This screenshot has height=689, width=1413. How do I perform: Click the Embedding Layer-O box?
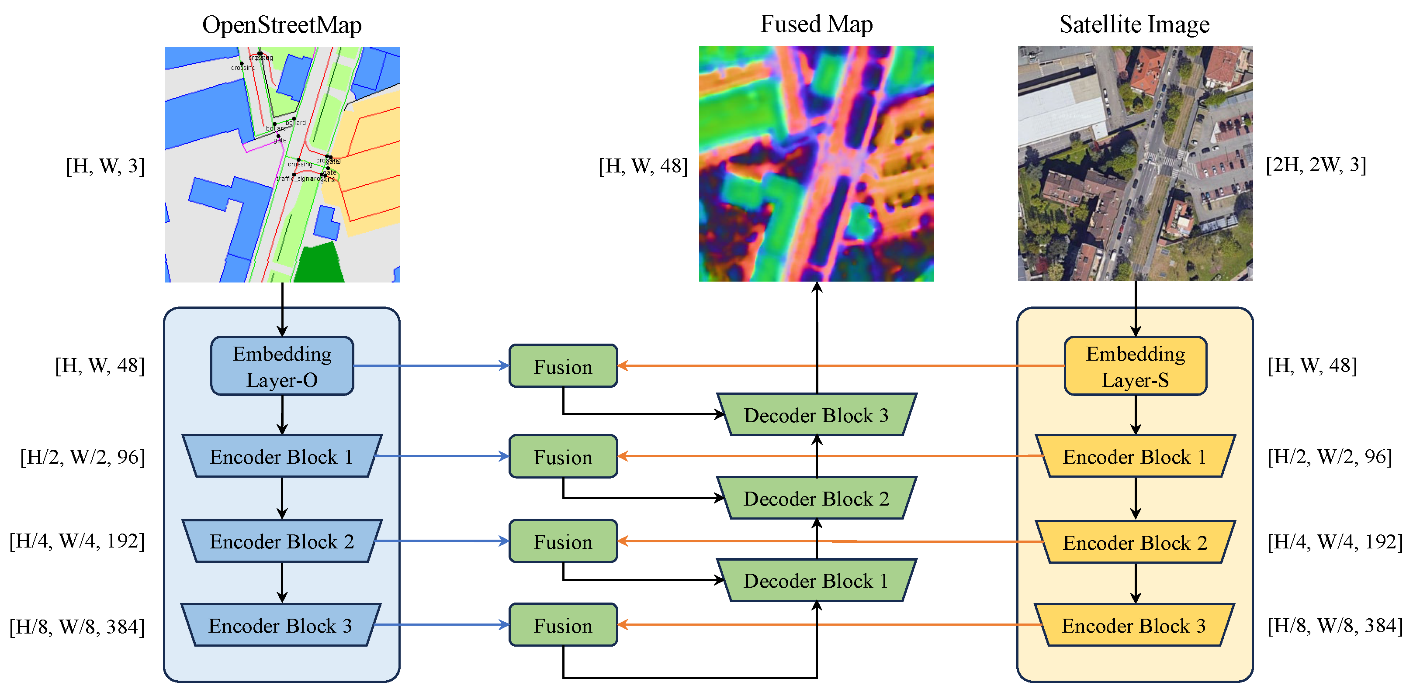coord(282,366)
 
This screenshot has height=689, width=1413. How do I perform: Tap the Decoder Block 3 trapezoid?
coord(816,415)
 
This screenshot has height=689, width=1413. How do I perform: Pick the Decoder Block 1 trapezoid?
coord(816,580)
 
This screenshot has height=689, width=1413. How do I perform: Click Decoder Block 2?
coord(816,498)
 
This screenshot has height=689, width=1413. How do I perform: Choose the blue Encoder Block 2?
coord(282,541)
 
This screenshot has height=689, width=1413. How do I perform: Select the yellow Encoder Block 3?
coord(1134,625)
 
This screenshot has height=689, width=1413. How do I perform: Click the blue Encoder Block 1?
coord(282,457)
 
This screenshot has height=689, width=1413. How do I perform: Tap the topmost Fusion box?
coord(563,366)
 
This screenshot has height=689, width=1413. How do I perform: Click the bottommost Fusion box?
coord(563,625)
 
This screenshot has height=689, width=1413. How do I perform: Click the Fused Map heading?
coord(816,24)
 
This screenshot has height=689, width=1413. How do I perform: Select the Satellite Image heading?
coord(1134,24)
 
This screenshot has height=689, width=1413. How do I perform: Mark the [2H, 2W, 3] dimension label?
coord(1316,165)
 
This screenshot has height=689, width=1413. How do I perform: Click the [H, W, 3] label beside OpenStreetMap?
coord(105,165)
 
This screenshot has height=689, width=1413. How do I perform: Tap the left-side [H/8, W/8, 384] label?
coord(77,627)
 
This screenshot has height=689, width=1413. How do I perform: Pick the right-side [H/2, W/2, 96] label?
coord(1330,457)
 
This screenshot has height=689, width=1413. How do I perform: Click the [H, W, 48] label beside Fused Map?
coord(643,165)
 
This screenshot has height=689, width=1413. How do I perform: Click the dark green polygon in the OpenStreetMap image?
coord(321,263)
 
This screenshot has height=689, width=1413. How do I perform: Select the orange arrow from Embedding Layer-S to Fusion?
coord(839,365)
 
